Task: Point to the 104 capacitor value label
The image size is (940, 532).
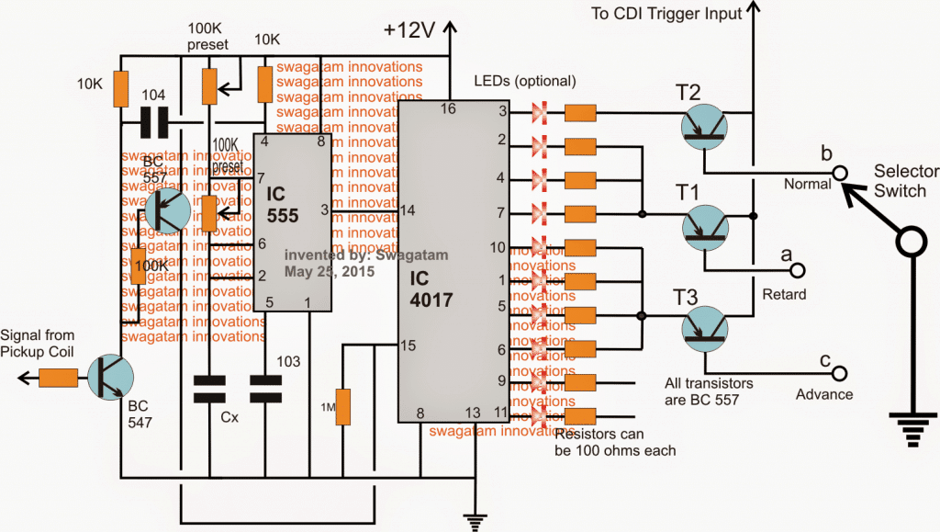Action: click(x=155, y=95)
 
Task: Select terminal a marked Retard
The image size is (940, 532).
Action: click(x=797, y=270)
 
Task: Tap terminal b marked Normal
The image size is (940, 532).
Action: click(x=837, y=172)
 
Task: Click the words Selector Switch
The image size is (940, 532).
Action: click(x=906, y=180)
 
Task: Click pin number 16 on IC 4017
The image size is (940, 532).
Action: click(x=448, y=108)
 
